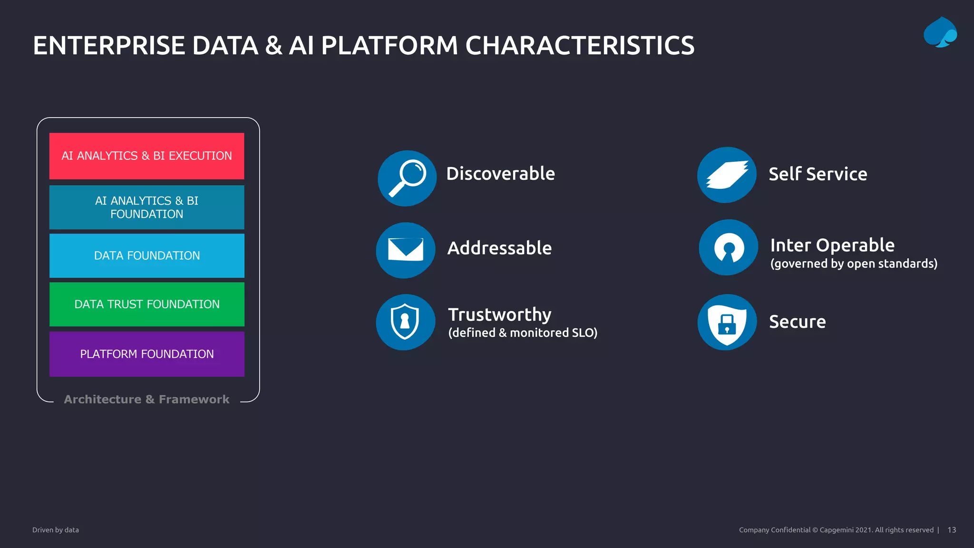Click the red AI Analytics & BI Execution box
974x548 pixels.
click(146, 156)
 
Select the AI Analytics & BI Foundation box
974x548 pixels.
click(146, 207)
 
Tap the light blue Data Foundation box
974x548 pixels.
click(146, 255)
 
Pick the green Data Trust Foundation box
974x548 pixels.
click(146, 304)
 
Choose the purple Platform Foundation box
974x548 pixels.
click(146, 354)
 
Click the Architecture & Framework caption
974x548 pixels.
click(146, 400)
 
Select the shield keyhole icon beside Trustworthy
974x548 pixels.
click(405, 322)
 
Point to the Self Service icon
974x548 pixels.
click(727, 175)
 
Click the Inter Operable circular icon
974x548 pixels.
click(728, 247)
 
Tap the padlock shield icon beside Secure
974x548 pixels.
click(727, 322)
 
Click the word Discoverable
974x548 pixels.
click(500, 174)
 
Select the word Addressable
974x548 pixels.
click(499, 248)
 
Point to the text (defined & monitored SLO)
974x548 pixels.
click(522, 333)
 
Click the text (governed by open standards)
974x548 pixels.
click(854, 264)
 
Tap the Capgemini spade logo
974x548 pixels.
click(940, 32)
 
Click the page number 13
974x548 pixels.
click(951, 530)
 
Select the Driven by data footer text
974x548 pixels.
click(56, 530)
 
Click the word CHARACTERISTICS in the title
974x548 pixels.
click(579, 46)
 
